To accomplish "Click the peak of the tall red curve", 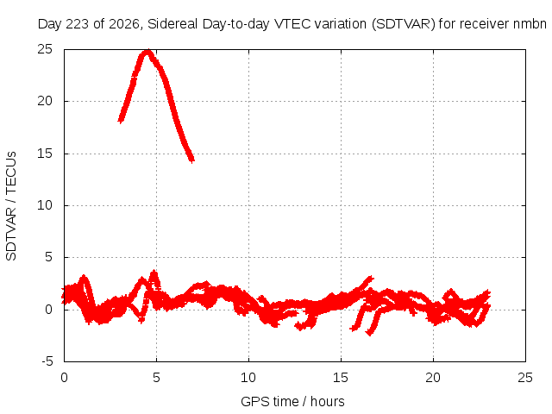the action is point(147,52).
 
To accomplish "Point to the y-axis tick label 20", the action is point(45,101).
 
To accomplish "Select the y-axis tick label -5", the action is point(47,361).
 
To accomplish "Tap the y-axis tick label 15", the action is point(45,154).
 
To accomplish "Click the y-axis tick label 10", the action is point(45,205).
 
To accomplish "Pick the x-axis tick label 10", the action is point(248,378).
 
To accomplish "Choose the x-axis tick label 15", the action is point(341,378).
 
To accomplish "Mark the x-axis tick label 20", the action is point(433,378).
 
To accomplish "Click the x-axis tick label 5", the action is point(156,378).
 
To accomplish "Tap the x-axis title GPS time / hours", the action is point(292,401).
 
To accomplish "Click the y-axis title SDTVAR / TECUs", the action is point(11,206).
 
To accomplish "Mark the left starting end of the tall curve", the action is point(121,121).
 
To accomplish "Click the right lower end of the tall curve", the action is point(191,160).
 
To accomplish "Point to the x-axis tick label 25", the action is point(525,378).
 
